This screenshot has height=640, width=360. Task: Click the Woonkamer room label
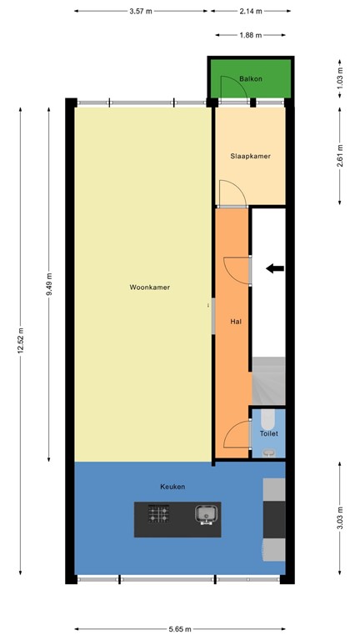point(150,287)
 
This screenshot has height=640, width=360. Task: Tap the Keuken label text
point(172,487)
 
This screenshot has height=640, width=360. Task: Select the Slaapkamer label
point(250,156)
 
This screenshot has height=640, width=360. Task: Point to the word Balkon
point(251,79)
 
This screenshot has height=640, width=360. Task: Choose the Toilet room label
point(268,433)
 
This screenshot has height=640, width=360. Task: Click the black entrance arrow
point(274,268)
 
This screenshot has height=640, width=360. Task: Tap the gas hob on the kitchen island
point(159,515)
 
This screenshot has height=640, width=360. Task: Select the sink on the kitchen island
point(205,515)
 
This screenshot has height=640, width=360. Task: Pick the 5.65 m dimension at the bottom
point(180,629)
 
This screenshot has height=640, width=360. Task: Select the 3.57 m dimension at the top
point(142,12)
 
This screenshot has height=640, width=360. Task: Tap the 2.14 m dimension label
point(250,12)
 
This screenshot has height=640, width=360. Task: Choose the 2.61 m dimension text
point(340,156)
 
